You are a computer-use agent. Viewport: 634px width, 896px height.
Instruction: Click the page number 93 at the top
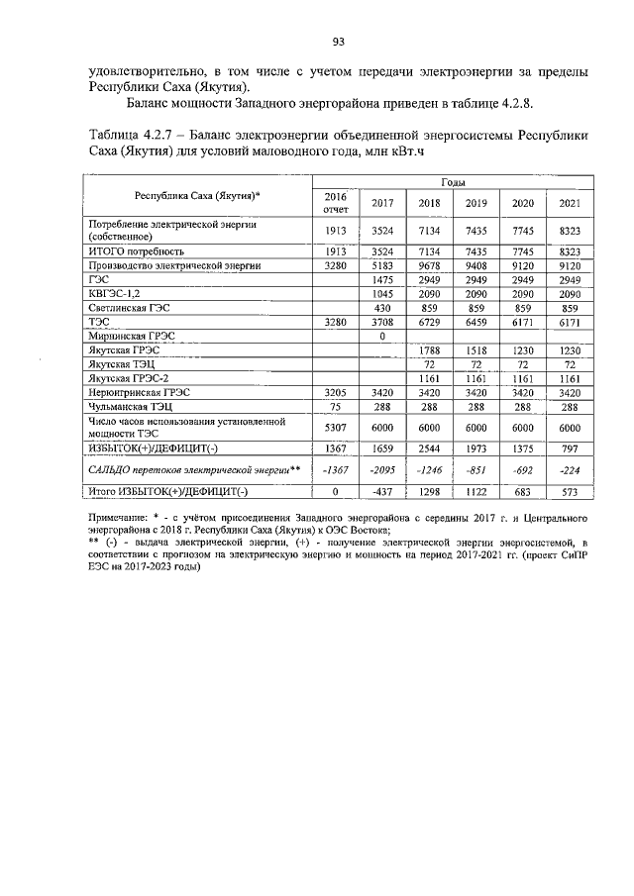click(x=338, y=41)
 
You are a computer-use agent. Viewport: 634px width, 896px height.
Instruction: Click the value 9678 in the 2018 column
click(x=429, y=266)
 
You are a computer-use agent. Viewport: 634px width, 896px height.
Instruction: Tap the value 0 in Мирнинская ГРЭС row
click(x=381, y=337)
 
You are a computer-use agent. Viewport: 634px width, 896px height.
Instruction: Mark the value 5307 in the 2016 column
click(x=336, y=427)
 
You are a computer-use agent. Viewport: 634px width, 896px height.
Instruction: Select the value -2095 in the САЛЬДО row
click(x=381, y=469)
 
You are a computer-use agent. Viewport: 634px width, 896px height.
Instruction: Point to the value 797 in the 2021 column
click(x=569, y=448)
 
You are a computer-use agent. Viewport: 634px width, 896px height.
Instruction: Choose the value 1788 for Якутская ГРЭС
click(x=429, y=350)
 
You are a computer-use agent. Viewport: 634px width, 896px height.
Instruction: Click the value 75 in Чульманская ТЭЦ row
click(x=336, y=406)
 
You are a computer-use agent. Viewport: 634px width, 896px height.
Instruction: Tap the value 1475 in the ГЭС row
click(x=381, y=280)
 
